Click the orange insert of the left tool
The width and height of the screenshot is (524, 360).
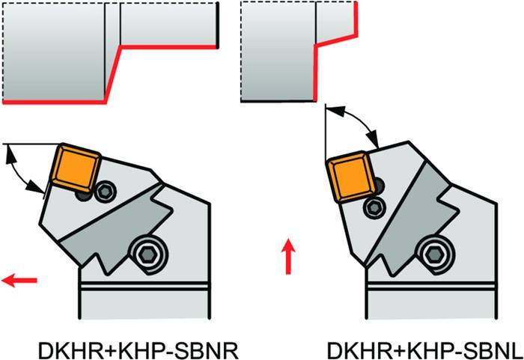click(x=76, y=165)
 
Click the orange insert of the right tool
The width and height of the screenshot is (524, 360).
click(x=349, y=177)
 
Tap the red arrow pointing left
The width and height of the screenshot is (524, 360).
click(x=19, y=281)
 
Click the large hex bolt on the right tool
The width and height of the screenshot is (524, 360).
click(x=432, y=254)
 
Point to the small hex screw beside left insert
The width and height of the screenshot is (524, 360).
click(x=105, y=192)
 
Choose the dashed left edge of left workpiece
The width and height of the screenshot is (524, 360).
click(x=4, y=52)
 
